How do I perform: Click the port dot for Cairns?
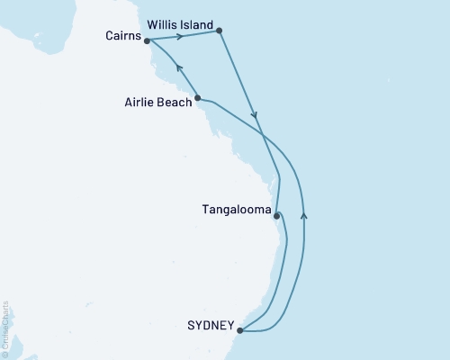(x=147, y=40)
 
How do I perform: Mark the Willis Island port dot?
(x=220, y=32)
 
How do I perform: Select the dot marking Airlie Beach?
(x=198, y=98)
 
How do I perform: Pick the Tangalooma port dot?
(x=276, y=215)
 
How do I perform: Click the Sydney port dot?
(x=239, y=331)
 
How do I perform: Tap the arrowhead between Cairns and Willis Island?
(x=180, y=36)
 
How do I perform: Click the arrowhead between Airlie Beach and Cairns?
(x=177, y=67)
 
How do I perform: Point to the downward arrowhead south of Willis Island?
(x=256, y=115)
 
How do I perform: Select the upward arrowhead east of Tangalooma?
(x=304, y=214)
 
